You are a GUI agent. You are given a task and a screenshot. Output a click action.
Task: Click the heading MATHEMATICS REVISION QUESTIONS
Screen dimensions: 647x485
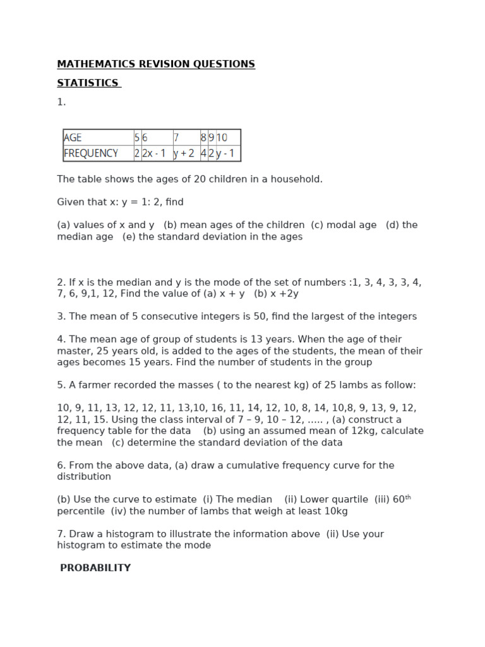[156, 64]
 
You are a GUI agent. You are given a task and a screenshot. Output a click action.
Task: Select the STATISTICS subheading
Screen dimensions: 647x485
[88, 83]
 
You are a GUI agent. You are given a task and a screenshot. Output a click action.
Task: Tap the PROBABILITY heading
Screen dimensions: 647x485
[95, 568]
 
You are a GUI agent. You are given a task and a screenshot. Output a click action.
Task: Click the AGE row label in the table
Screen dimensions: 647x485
[73, 137]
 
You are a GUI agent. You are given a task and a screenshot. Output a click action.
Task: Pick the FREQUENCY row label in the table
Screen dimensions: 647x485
[91, 153]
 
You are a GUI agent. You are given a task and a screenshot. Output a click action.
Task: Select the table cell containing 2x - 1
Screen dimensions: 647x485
[154, 153]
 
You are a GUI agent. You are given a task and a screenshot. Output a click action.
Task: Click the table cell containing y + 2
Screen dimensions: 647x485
[184, 153]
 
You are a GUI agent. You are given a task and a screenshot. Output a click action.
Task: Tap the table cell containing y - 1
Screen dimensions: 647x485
[225, 153]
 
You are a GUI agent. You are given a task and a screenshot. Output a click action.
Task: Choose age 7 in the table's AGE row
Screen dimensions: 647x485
[176, 137]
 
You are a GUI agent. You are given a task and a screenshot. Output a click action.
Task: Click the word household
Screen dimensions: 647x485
[297, 179]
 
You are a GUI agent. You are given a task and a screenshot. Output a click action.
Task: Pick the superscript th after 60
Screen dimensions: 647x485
[408, 497]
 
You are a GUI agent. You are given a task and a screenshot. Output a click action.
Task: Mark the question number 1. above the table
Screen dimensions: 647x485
[61, 102]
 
